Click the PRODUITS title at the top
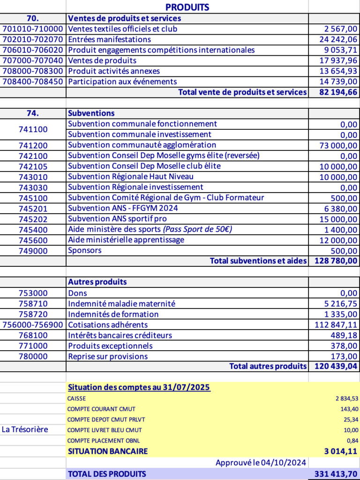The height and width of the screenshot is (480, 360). click(187, 7)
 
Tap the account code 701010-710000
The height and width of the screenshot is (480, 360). click(33, 29)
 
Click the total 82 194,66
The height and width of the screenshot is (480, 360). click(338, 92)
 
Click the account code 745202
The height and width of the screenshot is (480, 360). click(33, 219)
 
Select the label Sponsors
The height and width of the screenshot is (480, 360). click(85, 250)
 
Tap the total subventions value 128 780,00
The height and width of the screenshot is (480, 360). click(335, 261)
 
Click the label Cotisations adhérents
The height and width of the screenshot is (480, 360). click(108, 324)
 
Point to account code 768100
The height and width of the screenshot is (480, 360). click(33, 335)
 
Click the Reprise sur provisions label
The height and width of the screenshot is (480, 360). click(108, 356)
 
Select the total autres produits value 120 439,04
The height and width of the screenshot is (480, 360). click(335, 366)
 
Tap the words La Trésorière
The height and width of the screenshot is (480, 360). click(25, 429)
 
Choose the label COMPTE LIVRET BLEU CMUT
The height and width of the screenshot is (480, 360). click(105, 430)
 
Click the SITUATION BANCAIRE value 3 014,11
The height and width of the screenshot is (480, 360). click(340, 451)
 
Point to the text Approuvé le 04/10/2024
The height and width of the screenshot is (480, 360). click(261, 463)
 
